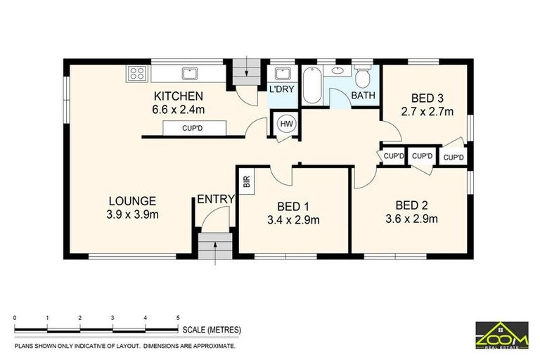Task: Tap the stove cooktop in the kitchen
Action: (136, 72)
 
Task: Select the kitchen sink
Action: (188, 72)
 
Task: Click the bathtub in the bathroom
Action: (312, 85)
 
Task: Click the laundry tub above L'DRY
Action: (282, 73)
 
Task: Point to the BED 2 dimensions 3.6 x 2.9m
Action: (412, 219)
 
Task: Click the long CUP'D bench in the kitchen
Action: (194, 128)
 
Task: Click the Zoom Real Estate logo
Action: (501, 335)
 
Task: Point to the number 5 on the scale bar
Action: (178, 319)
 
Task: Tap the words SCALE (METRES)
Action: (212, 329)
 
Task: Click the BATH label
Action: (363, 96)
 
